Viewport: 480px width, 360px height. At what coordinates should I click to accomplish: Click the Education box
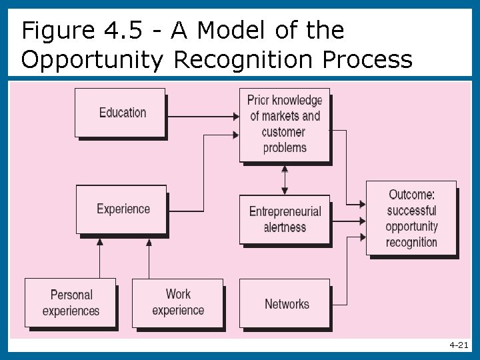coord(121,113)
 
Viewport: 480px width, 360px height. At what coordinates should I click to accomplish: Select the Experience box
coord(122,209)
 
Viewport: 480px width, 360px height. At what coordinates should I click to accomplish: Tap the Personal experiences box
coord(70,303)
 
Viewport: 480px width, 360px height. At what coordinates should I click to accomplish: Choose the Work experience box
coord(177,302)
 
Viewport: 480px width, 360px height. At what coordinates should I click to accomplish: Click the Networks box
coord(285,304)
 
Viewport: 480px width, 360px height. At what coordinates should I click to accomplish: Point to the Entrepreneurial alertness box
coord(285,219)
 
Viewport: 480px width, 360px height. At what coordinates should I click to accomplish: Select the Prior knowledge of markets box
coord(285,124)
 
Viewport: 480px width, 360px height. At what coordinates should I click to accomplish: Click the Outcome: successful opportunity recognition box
coord(411,218)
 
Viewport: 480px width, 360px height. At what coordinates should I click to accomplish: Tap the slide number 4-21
coord(459,345)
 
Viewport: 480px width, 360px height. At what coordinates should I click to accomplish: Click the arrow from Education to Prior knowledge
coord(203,117)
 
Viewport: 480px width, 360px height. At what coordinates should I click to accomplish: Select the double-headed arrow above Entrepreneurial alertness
coord(285,179)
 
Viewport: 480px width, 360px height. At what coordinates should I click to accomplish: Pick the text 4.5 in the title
coord(121,30)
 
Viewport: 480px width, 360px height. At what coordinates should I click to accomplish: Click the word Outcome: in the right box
coord(411,195)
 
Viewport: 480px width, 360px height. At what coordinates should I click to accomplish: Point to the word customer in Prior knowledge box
coord(285,132)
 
